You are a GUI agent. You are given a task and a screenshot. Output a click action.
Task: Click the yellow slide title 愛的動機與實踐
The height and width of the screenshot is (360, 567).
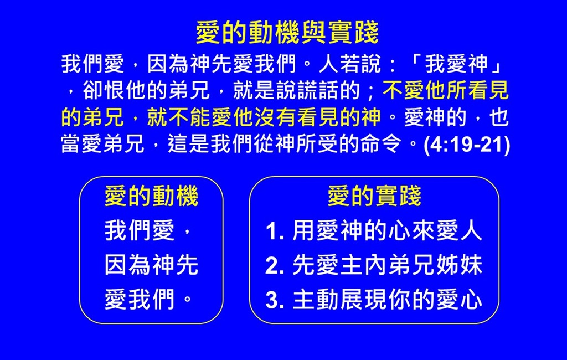point(287,33)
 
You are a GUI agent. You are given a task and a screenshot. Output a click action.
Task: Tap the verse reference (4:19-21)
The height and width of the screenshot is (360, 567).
point(466,145)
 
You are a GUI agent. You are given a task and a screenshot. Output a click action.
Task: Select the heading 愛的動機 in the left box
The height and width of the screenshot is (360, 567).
point(152,196)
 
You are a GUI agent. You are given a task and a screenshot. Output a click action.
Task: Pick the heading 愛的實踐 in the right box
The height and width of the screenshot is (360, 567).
point(374,196)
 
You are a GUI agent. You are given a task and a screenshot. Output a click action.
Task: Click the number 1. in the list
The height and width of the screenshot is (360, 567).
point(275,232)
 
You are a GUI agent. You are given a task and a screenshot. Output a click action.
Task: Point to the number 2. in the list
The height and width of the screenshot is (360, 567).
point(275,266)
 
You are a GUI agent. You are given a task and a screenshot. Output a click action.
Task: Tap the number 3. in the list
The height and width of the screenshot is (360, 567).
point(275,300)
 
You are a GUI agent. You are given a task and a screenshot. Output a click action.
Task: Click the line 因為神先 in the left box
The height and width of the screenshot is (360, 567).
point(152,265)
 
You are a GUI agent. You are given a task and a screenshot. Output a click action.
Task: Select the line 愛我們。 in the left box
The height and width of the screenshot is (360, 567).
point(148,300)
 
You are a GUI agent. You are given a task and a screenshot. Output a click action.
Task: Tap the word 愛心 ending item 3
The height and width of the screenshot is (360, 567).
point(459,300)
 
